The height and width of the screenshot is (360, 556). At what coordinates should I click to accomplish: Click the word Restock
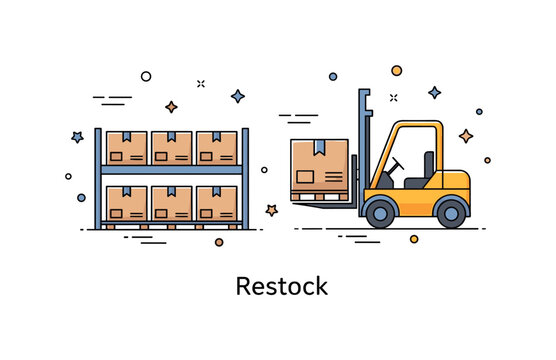click(x=281, y=286)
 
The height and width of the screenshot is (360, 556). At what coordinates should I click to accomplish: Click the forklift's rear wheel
click(x=452, y=212)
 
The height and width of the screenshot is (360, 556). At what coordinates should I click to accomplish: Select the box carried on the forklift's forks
click(x=320, y=167)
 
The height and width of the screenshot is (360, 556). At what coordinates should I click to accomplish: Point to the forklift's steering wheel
click(x=397, y=164)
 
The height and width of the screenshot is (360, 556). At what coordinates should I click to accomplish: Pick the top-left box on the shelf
click(x=127, y=148)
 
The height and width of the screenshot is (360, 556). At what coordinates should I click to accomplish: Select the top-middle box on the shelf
click(x=172, y=148)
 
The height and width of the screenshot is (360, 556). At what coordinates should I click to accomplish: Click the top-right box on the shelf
click(x=217, y=148)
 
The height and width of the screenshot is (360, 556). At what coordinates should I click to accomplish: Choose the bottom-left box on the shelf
click(x=127, y=203)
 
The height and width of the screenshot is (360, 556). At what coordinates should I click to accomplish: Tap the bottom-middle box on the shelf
click(x=172, y=203)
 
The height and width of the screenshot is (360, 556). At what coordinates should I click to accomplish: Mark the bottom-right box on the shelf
click(x=217, y=203)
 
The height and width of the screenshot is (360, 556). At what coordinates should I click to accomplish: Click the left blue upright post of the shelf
click(x=98, y=178)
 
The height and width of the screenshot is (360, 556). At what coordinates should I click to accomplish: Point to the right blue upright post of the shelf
click(x=245, y=178)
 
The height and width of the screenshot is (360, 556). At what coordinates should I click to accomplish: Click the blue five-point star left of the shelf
click(x=77, y=137)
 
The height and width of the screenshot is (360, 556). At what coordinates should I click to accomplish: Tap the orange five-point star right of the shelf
click(x=270, y=210)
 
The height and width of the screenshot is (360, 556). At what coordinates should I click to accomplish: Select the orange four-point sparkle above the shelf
click(x=171, y=106)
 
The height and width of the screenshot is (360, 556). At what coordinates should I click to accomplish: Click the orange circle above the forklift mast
click(x=396, y=70)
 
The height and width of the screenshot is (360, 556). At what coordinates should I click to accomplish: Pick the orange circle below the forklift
click(x=414, y=239)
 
